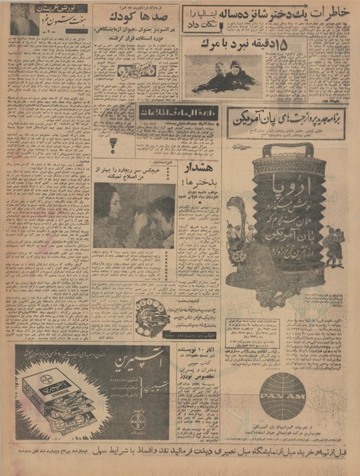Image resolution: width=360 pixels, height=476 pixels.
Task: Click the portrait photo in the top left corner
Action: pos(24,19)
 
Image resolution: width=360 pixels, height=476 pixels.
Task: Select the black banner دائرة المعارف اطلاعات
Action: pos(176,114)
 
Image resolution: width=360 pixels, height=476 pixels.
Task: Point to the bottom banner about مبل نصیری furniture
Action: pos(180,455)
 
